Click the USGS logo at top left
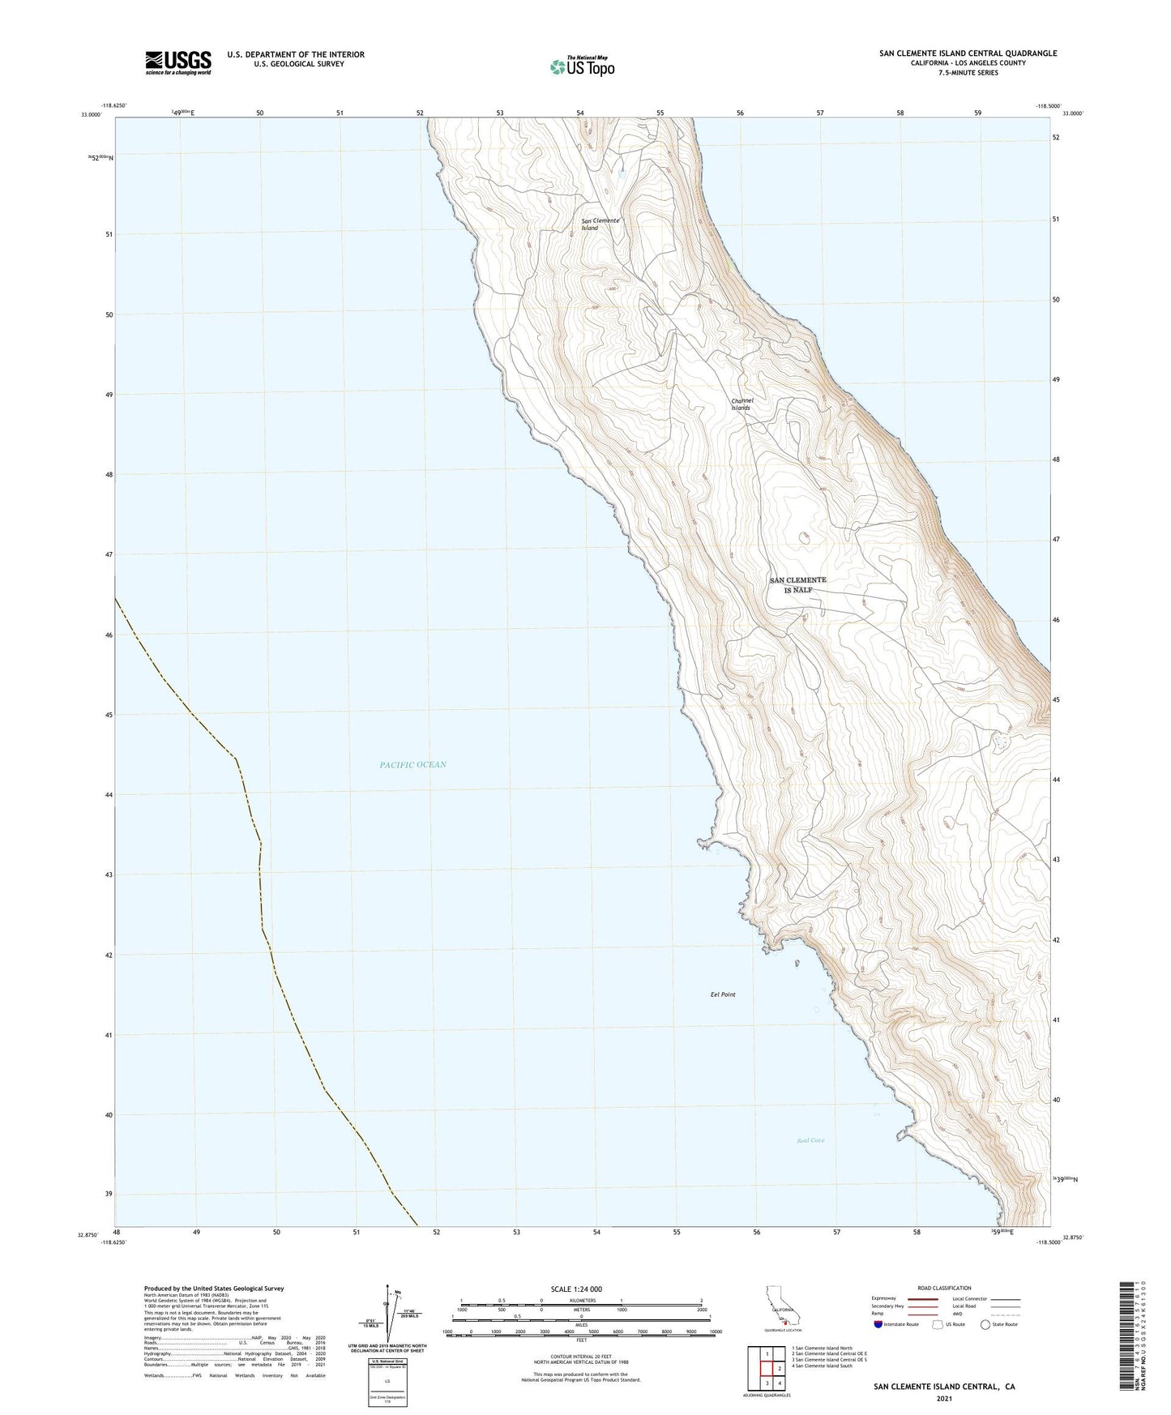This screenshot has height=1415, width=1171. (x=178, y=62)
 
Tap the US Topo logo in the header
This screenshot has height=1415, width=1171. (x=581, y=66)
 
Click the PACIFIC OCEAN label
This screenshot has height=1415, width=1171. (x=412, y=764)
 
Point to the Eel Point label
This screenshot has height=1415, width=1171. (x=723, y=994)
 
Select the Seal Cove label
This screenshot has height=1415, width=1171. (x=810, y=1140)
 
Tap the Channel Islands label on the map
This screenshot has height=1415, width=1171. (x=741, y=404)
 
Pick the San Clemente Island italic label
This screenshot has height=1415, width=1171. (x=600, y=224)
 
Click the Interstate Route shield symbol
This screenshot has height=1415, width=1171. (x=879, y=1324)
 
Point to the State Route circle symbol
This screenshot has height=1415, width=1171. (x=985, y=1324)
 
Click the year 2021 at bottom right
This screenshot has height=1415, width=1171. (x=944, y=1398)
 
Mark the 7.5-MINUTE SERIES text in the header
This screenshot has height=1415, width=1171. (x=968, y=73)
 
